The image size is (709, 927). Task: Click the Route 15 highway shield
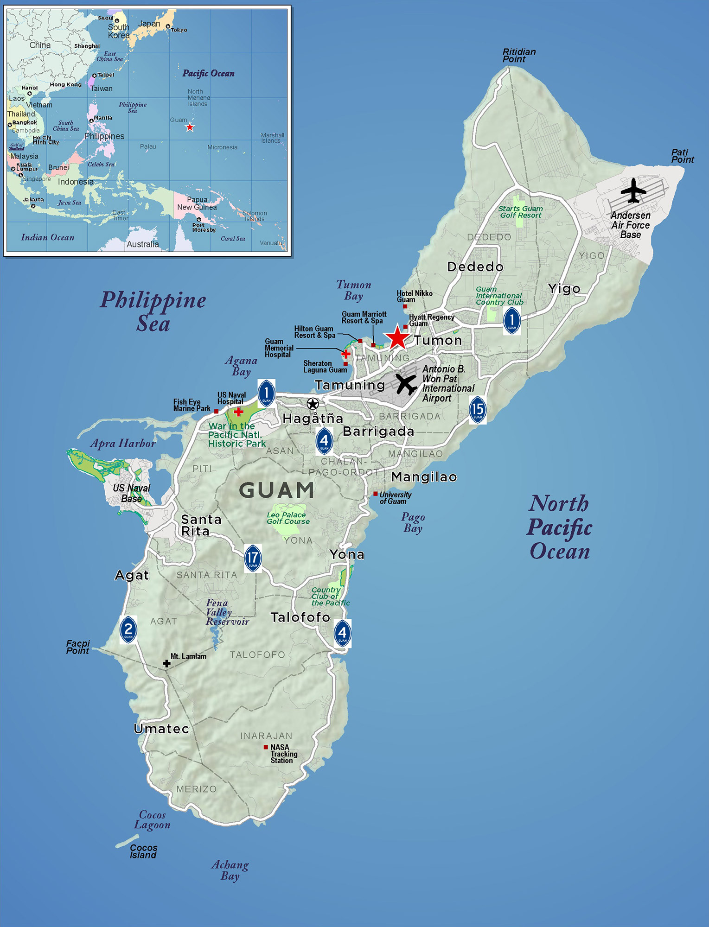click(x=478, y=409)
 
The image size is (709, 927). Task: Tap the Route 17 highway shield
click(x=253, y=558)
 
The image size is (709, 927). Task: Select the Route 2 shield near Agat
click(x=128, y=629)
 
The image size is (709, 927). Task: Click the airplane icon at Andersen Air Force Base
click(x=633, y=190)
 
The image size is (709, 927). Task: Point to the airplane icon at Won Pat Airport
click(x=406, y=384)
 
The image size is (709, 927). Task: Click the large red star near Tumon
click(x=397, y=337)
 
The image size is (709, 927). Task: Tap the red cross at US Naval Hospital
click(x=238, y=412)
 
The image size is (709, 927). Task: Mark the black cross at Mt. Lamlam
click(x=166, y=664)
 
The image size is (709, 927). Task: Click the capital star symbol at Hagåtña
click(x=313, y=403)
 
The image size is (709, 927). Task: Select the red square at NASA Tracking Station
click(x=266, y=747)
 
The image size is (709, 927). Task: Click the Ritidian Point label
click(x=519, y=55)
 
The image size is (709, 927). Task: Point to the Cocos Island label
click(x=143, y=851)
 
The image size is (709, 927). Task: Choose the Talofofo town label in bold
click(x=300, y=617)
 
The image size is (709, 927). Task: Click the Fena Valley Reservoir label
click(x=227, y=612)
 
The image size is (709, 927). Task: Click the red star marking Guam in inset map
click(x=190, y=127)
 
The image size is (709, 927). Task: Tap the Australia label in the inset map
click(x=143, y=244)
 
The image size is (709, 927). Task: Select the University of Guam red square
click(x=376, y=494)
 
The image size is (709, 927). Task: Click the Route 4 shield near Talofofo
click(x=342, y=633)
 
